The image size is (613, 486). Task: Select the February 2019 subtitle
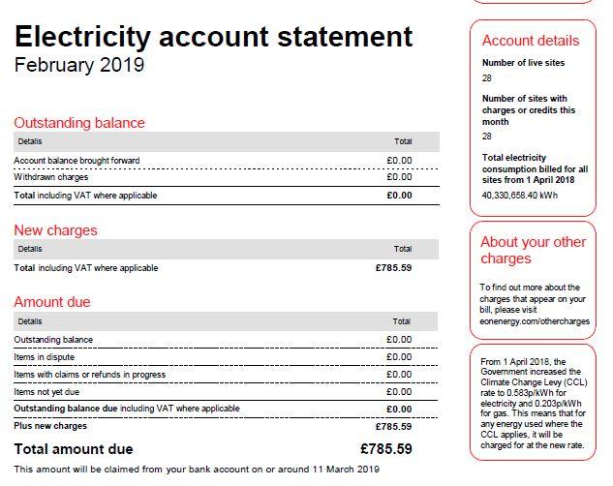pos(78,66)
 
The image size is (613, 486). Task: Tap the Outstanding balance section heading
pos(79,123)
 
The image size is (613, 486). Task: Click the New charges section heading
pos(55,230)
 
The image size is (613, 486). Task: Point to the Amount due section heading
pos(51,302)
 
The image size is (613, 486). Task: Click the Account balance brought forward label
pos(77,161)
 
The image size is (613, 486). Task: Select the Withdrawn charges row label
pos(51,178)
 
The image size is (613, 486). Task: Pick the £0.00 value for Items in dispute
pos(399,357)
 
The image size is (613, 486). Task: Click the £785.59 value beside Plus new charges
pos(393,426)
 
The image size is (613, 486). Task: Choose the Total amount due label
pos(74,449)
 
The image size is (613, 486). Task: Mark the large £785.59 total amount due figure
pos(385,449)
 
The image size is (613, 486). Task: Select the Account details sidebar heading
pos(531,41)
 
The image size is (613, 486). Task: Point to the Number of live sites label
pos(523,63)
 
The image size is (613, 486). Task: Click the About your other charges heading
pos(534,251)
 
